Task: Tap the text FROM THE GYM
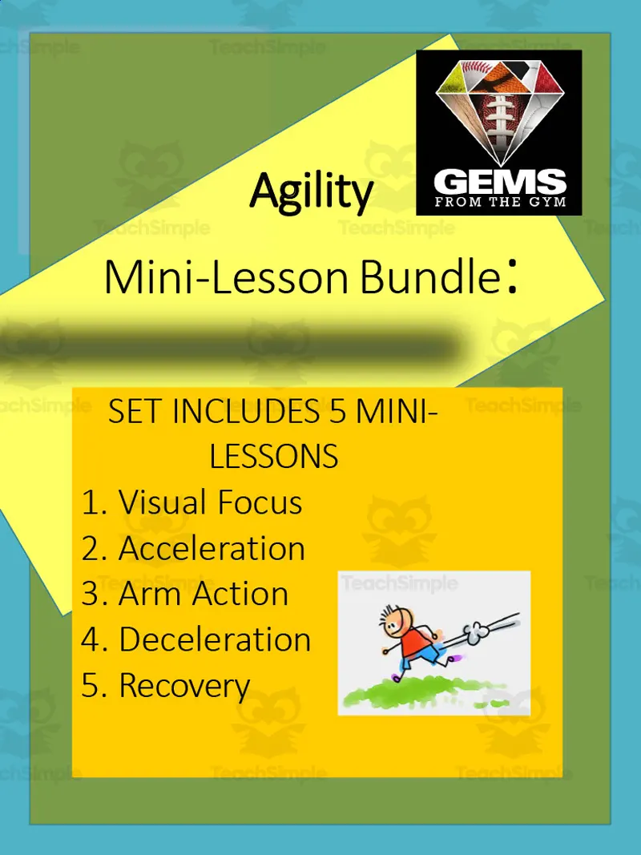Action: point(499,202)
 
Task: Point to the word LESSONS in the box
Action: point(274,457)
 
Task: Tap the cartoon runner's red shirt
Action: point(413,641)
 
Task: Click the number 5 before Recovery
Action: point(91,686)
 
